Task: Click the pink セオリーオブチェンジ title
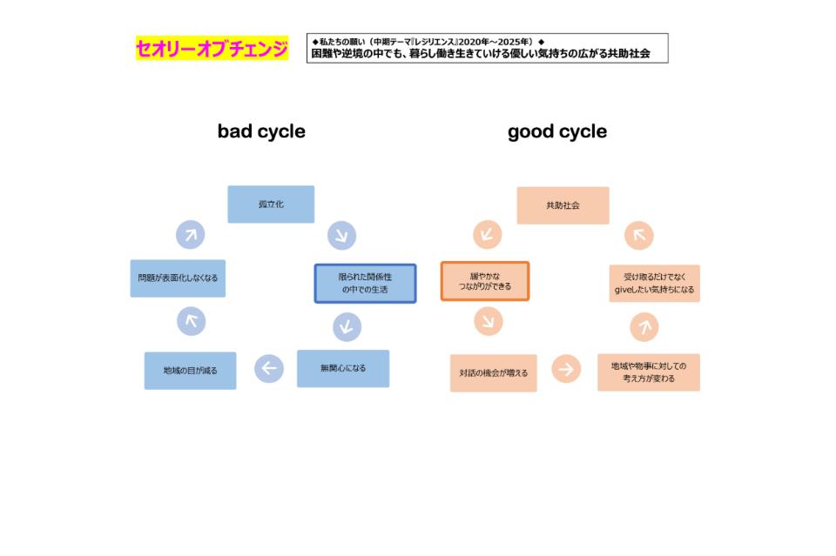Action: (x=212, y=49)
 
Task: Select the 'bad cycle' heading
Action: (x=261, y=131)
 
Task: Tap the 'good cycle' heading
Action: (x=557, y=131)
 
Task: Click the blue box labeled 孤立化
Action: (x=271, y=204)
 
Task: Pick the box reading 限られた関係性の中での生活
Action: (x=365, y=284)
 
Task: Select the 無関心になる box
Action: (x=343, y=368)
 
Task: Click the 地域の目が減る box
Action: (x=190, y=371)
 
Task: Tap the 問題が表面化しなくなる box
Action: (x=178, y=278)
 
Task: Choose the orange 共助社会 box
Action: (x=563, y=205)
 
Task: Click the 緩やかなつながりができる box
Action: (x=484, y=281)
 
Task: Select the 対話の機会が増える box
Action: (x=494, y=373)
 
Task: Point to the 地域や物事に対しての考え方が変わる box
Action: (x=649, y=372)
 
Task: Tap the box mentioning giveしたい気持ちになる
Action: (x=654, y=284)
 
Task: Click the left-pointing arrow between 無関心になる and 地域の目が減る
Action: (x=268, y=369)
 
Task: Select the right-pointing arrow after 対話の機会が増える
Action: (x=566, y=369)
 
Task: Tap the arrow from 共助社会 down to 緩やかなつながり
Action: (x=488, y=235)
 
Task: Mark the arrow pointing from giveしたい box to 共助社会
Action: (x=639, y=235)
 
